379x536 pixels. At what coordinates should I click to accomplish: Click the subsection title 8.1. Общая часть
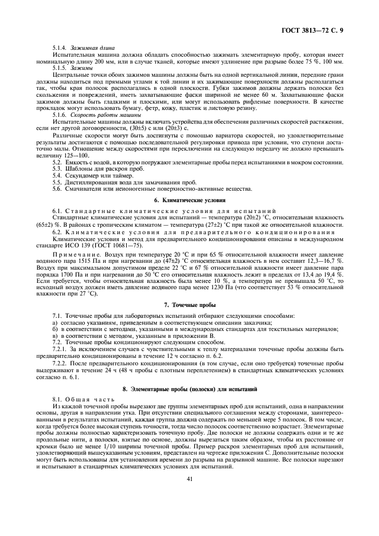pos(76,398)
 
